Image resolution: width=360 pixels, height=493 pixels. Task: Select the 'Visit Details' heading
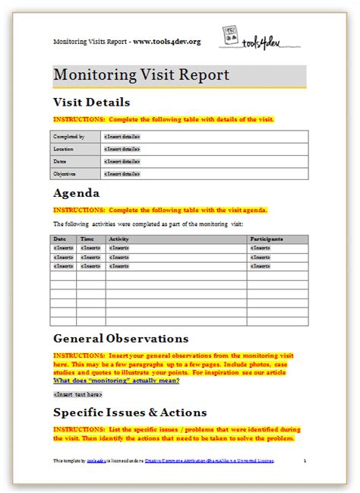click(x=91, y=102)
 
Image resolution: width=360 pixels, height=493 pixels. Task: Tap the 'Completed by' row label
click(x=68, y=137)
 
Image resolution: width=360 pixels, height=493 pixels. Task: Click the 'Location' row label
click(x=64, y=149)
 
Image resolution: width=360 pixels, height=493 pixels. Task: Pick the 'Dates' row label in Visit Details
click(x=61, y=161)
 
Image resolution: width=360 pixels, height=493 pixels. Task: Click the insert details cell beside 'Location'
click(x=122, y=149)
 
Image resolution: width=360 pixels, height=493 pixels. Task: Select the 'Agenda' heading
click(x=77, y=193)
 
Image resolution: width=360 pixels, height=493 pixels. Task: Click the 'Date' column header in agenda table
click(x=60, y=239)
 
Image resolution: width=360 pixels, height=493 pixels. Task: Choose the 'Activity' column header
click(x=119, y=239)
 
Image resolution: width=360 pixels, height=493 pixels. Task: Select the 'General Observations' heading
click(x=120, y=338)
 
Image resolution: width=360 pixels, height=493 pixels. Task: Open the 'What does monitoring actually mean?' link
click(x=116, y=380)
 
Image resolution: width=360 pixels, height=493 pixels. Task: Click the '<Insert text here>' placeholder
click(x=77, y=394)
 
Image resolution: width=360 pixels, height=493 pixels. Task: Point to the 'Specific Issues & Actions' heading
click(x=130, y=412)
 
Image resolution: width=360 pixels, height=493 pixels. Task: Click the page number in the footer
click(x=304, y=461)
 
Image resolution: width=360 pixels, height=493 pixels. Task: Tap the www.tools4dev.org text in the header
click(x=167, y=41)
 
